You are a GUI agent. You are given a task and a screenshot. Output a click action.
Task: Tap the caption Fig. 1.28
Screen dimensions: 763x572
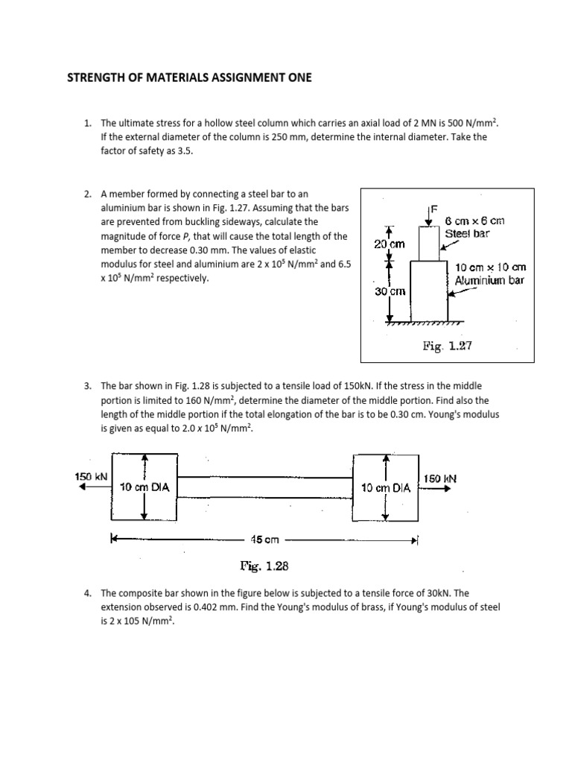[264, 566]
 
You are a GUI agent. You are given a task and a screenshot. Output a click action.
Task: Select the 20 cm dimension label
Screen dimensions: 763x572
[389, 244]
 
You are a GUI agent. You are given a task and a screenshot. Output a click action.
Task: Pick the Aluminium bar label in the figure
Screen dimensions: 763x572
[490, 281]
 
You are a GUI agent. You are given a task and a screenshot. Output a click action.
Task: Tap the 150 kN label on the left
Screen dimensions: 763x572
[91, 476]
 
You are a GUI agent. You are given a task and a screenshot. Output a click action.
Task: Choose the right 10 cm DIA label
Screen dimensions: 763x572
[386, 487]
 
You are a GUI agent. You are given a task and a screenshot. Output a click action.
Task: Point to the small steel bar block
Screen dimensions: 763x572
[433, 243]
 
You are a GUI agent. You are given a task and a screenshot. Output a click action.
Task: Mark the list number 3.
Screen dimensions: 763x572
[87, 385]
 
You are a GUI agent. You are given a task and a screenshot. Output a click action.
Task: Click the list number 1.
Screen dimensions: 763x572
[87, 122]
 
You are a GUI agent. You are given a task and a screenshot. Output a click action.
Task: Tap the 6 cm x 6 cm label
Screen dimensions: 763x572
[474, 221]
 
